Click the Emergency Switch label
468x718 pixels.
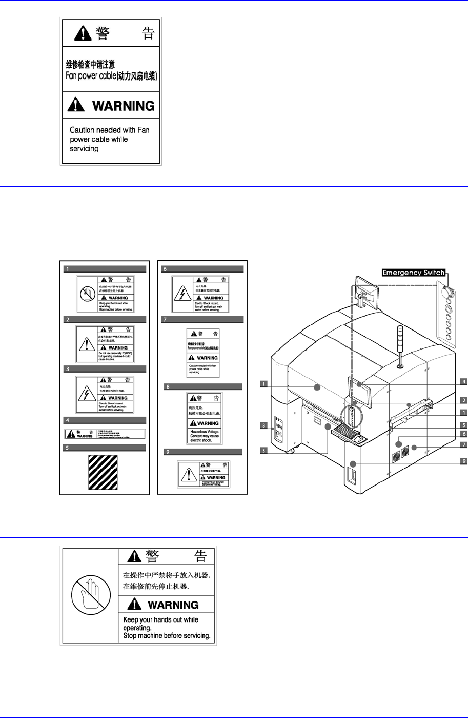coord(413,273)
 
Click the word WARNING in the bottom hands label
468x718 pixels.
coord(173,605)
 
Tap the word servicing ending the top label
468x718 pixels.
coord(84,149)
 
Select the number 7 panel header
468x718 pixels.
coord(202,319)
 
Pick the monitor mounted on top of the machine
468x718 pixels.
coord(368,292)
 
